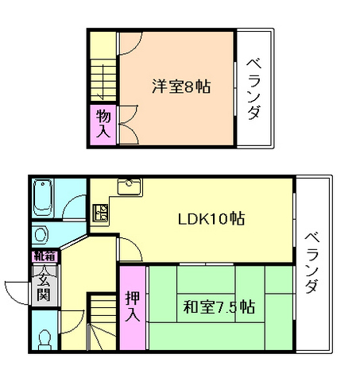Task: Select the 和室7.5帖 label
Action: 219,306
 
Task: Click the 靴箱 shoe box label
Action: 43,256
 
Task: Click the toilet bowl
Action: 44,339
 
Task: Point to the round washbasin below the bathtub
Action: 43,235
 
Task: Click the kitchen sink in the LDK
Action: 129,187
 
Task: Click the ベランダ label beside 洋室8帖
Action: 254,88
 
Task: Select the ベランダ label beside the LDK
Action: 312,262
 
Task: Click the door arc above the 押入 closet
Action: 133,250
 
